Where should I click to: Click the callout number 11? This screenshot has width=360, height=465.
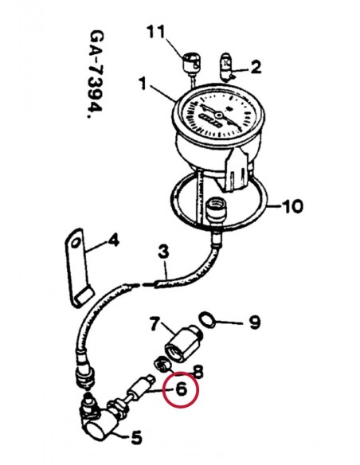tap(155, 31)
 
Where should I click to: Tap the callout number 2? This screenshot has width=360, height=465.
tap(256, 67)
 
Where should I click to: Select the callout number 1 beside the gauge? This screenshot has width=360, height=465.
tap(143, 83)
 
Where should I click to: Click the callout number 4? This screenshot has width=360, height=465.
tap(113, 240)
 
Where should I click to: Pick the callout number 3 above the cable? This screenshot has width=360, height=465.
tap(163, 252)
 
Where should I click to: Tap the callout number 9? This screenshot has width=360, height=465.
tap(255, 322)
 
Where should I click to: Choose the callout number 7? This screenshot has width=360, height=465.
tap(155, 323)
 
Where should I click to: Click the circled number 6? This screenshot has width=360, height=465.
tap(182, 389)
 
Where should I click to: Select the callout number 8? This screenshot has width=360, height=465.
tap(198, 371)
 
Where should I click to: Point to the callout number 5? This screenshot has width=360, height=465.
tap(136, 437)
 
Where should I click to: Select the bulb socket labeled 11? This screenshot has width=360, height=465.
tap(191, 62)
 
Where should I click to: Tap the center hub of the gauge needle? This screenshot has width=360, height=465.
tap(219, 115)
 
